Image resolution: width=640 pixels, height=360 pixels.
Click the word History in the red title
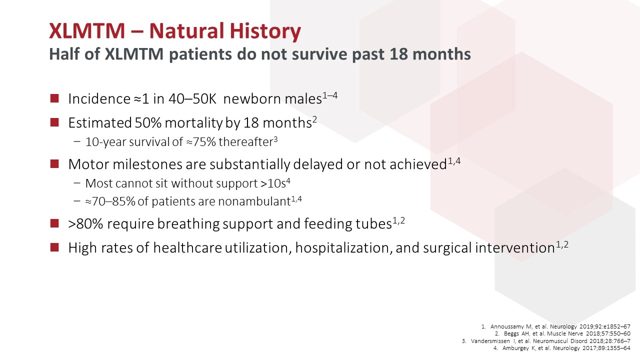tap(265, 31)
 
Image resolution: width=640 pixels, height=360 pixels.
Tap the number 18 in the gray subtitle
tap(399, 53)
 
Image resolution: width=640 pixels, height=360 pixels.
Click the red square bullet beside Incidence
tap(54, 98)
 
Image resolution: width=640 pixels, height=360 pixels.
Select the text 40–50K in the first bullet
tap(192, 99)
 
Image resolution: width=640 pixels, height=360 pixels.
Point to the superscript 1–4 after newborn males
tap(330, 95)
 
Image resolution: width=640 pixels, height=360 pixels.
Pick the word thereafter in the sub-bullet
tap(245, 142)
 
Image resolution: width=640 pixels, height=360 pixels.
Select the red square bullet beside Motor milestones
tap(54, 164)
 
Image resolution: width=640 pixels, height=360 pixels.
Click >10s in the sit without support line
tap(273, 183)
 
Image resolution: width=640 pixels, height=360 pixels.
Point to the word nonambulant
tap(254, 201)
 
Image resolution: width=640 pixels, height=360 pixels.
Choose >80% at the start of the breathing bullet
tap(85, 223)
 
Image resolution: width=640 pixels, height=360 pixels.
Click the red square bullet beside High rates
tap(54, 247)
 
